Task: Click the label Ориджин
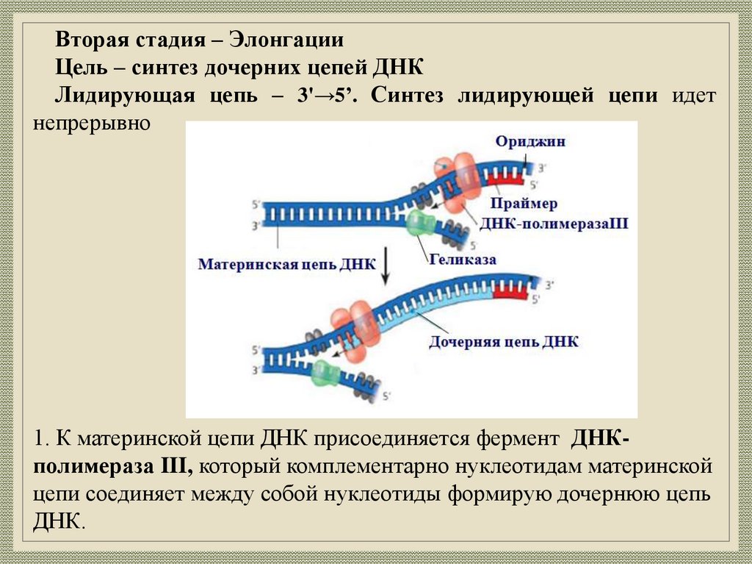click(529, 142)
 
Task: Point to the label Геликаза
click(463, 260)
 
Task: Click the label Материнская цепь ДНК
click(287, 264)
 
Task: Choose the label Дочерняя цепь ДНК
click(504, 342)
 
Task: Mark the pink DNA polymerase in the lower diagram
click(356, 331)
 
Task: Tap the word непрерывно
click(92, 123)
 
